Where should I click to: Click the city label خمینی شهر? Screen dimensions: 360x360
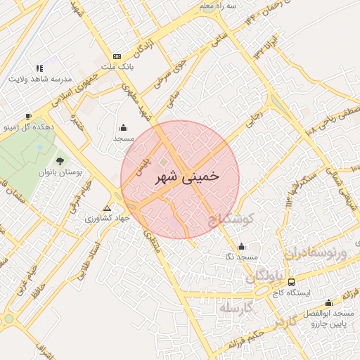coord(186,176)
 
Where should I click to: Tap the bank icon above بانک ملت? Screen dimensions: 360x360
coord(117,56)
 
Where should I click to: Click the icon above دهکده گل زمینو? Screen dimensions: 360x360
coord(28,116)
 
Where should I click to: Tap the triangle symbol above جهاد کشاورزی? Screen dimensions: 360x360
coord(107,209)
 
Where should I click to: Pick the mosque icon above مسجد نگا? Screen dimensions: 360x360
coord(241,247)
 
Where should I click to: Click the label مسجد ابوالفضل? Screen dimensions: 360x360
coord(328,311)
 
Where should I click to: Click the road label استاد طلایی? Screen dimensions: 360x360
coord(90,256)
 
